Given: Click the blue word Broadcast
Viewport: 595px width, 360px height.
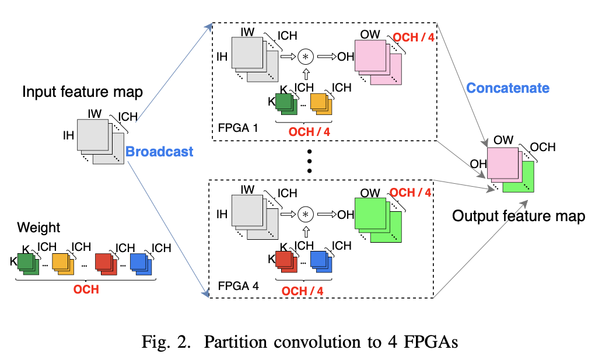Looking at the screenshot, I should coord(159,152).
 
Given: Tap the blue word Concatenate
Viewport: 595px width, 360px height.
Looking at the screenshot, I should coord(508,88).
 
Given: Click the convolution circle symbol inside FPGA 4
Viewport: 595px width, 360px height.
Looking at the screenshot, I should coord(305,214).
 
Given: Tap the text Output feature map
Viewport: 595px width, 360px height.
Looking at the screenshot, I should coord(519,216).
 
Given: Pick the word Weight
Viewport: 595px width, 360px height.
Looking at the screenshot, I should coord(38,227).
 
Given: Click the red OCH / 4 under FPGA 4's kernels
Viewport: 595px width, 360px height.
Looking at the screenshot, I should coord(302,290).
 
